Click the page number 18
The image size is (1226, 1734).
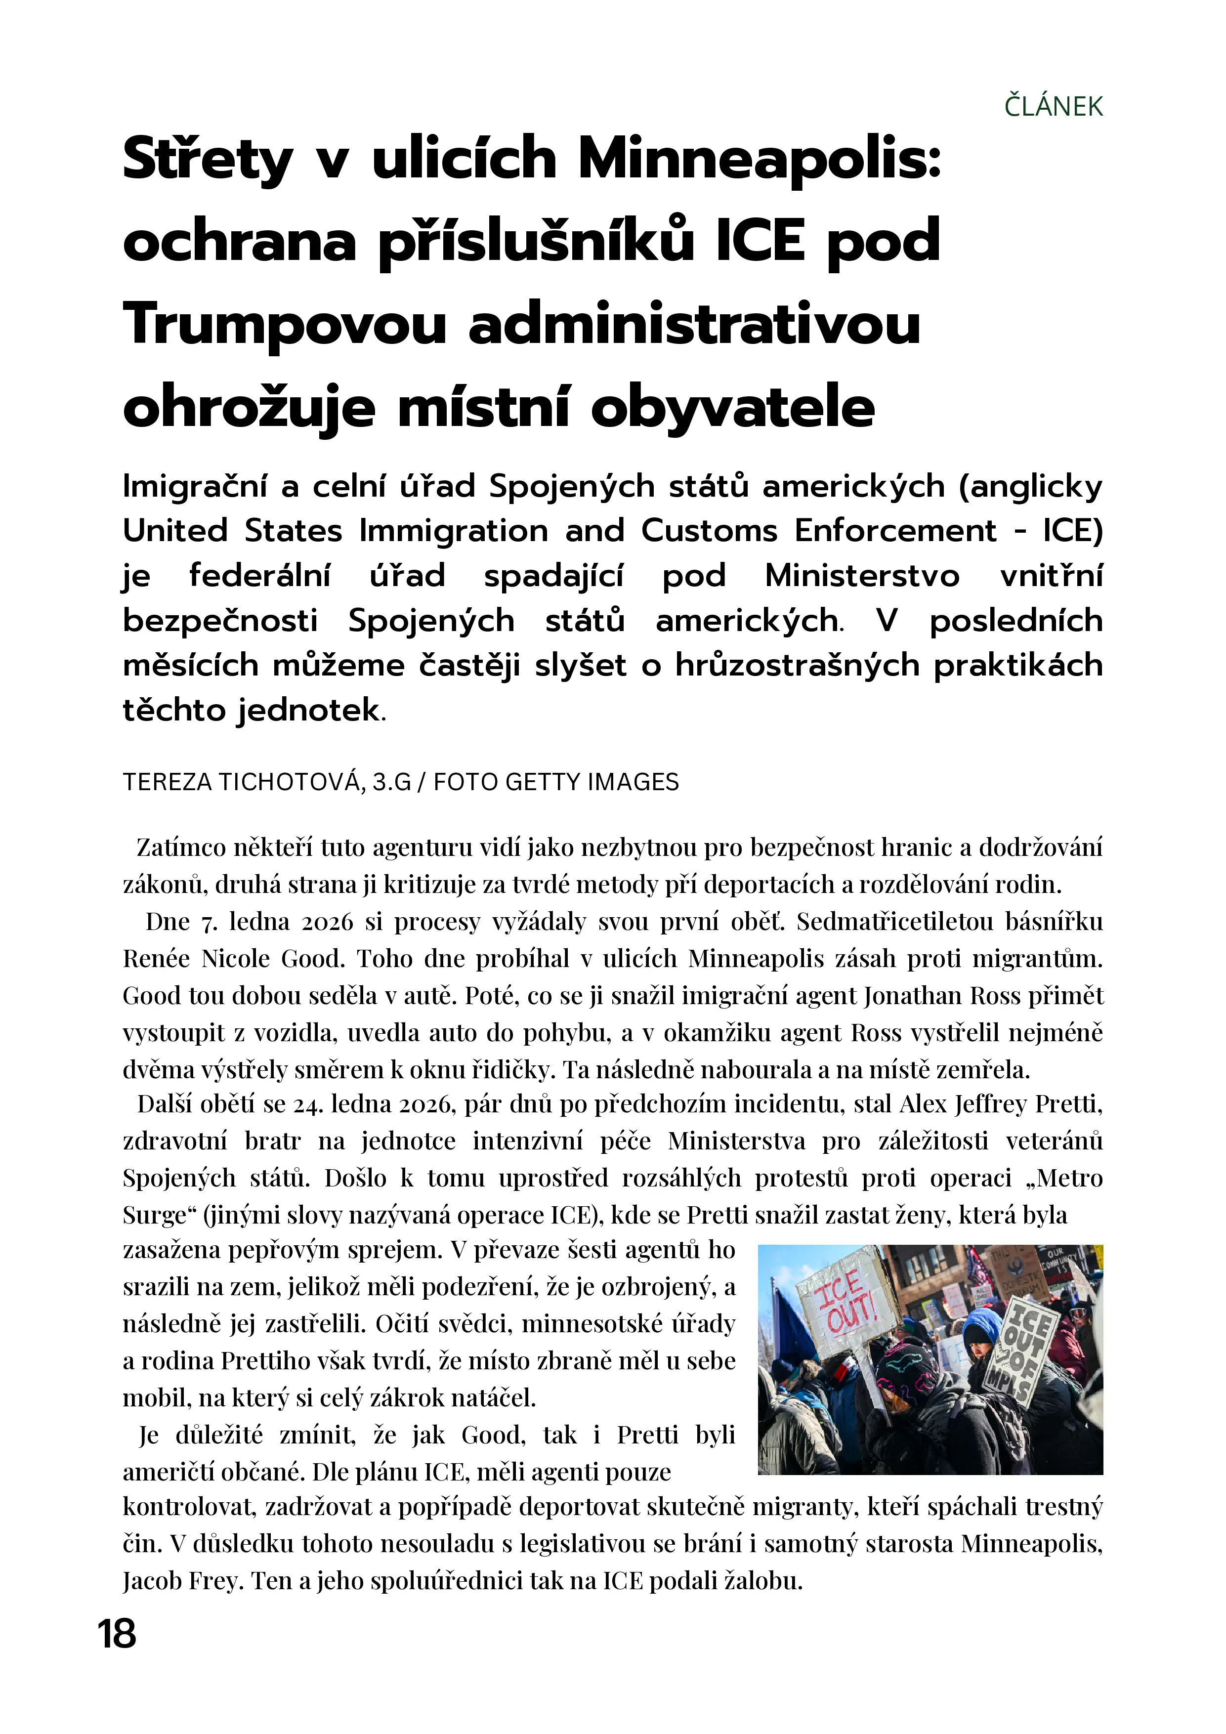(x=117, y=1634)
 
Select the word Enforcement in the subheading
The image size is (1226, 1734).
(x=895, y=531)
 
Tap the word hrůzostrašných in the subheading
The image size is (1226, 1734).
(x=798, y=665)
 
